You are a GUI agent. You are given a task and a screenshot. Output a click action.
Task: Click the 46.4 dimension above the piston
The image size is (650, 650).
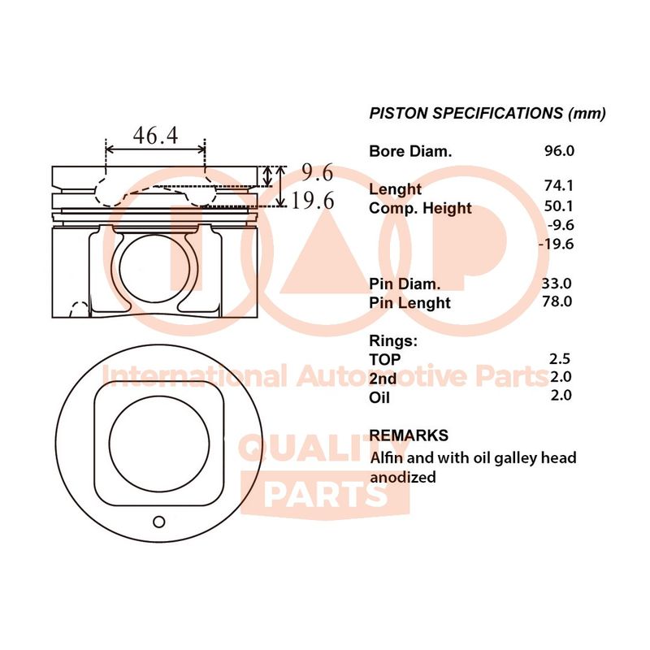(155, 136)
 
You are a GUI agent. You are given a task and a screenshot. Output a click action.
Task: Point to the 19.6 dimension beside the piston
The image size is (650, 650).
(313, 201)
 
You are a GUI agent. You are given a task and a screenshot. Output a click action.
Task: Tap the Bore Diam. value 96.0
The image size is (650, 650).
(559, 151)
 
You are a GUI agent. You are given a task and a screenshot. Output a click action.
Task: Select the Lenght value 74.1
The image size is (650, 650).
(559, 186)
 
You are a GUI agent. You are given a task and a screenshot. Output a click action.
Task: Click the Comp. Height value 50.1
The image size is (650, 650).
(559, 206)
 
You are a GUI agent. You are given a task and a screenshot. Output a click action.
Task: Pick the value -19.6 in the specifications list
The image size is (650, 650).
(556, 244)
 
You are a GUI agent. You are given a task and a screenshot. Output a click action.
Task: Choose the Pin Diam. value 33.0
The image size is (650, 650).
(557, 284)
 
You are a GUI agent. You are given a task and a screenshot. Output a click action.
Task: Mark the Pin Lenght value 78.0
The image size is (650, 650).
(557, 301)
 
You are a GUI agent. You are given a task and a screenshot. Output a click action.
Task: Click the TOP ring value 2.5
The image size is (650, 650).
(561, 359)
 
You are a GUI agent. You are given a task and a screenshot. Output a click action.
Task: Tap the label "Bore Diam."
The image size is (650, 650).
(410, 151)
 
